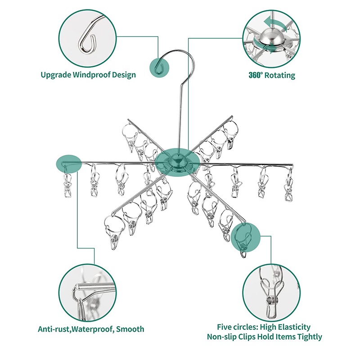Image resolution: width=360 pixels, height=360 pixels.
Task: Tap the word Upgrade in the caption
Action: [x=56, y=75]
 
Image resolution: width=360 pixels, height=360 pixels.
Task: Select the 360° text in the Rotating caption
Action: [x=255, y=75]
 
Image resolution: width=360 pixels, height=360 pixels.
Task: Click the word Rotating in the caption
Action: [x=279, y=75]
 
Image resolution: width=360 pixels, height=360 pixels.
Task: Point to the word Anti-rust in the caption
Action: [x=53, y=329]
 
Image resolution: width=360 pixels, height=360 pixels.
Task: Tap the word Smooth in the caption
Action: [x=130, y=329]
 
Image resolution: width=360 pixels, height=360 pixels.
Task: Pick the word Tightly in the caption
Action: [x=310, y=337]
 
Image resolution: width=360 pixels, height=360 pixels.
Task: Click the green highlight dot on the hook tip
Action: [x=159, y=68]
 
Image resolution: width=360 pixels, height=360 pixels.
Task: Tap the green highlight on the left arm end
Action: [x=69, y=164]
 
